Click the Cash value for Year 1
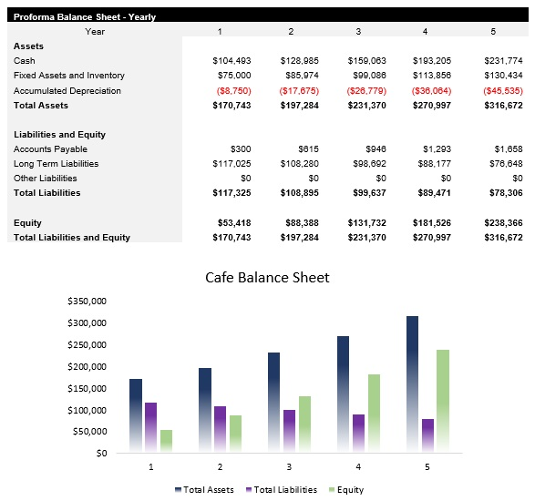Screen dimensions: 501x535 click(x=231, y=60)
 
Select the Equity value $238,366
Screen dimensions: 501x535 click(x=502, y=223)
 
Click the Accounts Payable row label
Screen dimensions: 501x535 click(x=50, y=149)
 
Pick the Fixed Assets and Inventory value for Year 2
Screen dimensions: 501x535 click(x=300, y=76)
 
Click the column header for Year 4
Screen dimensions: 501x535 click(x=424, y=32)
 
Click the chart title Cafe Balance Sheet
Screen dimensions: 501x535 click(x=266, y=278)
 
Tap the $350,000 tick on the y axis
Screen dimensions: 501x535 click(x=87, y=301)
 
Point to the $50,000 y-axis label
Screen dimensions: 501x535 click(x=90, y=432)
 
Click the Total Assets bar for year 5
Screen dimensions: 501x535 click(x=413, y=383)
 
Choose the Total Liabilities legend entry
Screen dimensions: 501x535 click(x=281, y=490)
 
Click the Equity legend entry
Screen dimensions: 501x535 click(x=345, y=490)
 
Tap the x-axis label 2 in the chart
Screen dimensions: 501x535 click(x=220, y=466)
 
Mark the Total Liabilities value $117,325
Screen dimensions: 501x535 click(x=231, y=193)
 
